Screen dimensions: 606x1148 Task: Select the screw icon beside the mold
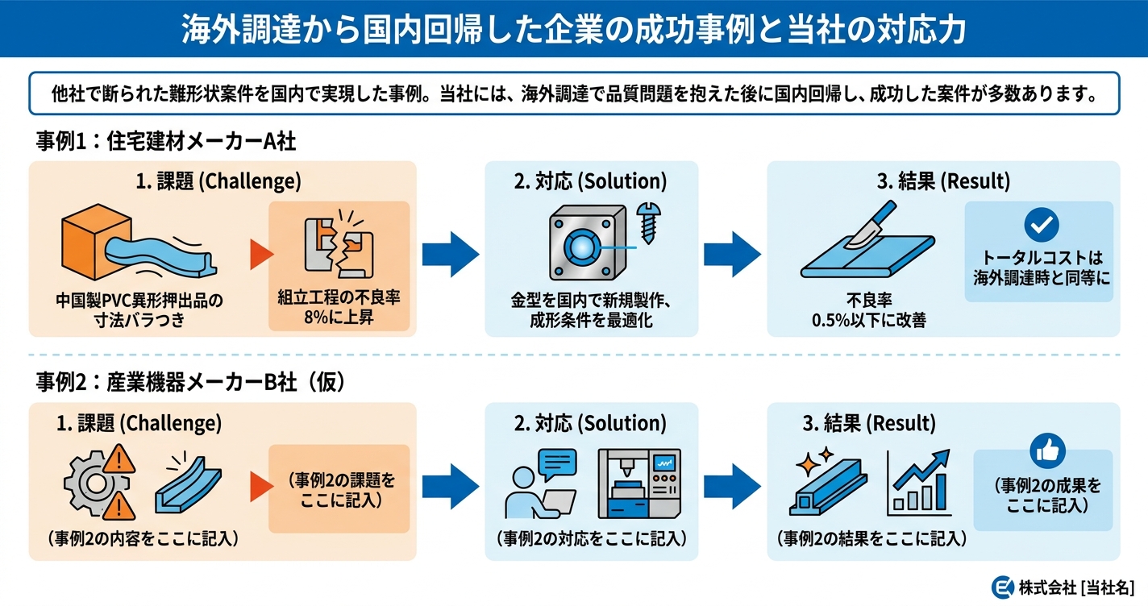[x=647, y=218]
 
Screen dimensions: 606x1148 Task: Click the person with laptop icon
[x=541, y=484]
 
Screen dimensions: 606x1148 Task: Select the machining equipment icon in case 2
[x=639, y=484]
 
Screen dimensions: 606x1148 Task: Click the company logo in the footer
[x=1002, y=587]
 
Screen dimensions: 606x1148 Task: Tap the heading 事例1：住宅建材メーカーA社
[x=166, y=142]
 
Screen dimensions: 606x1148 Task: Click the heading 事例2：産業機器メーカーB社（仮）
[x=191, y=383]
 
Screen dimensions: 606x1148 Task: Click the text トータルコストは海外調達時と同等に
[x=1040, y=268]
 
